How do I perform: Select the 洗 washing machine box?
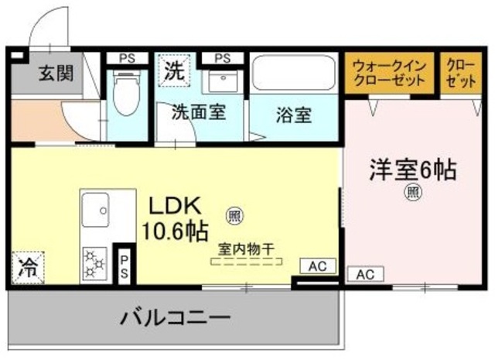pyautogui.click(x=175, y=72)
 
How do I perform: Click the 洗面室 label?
pyautogui.click(x=199, y=113)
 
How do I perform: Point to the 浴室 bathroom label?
pyautogui.click(x=294, y=115)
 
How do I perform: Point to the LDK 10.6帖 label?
pyautogui.click(x=175, y=218)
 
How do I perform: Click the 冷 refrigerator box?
pyautogui.click(x=26, y=269)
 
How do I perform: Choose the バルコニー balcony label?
pyautogui.click(x=174, y=317)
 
